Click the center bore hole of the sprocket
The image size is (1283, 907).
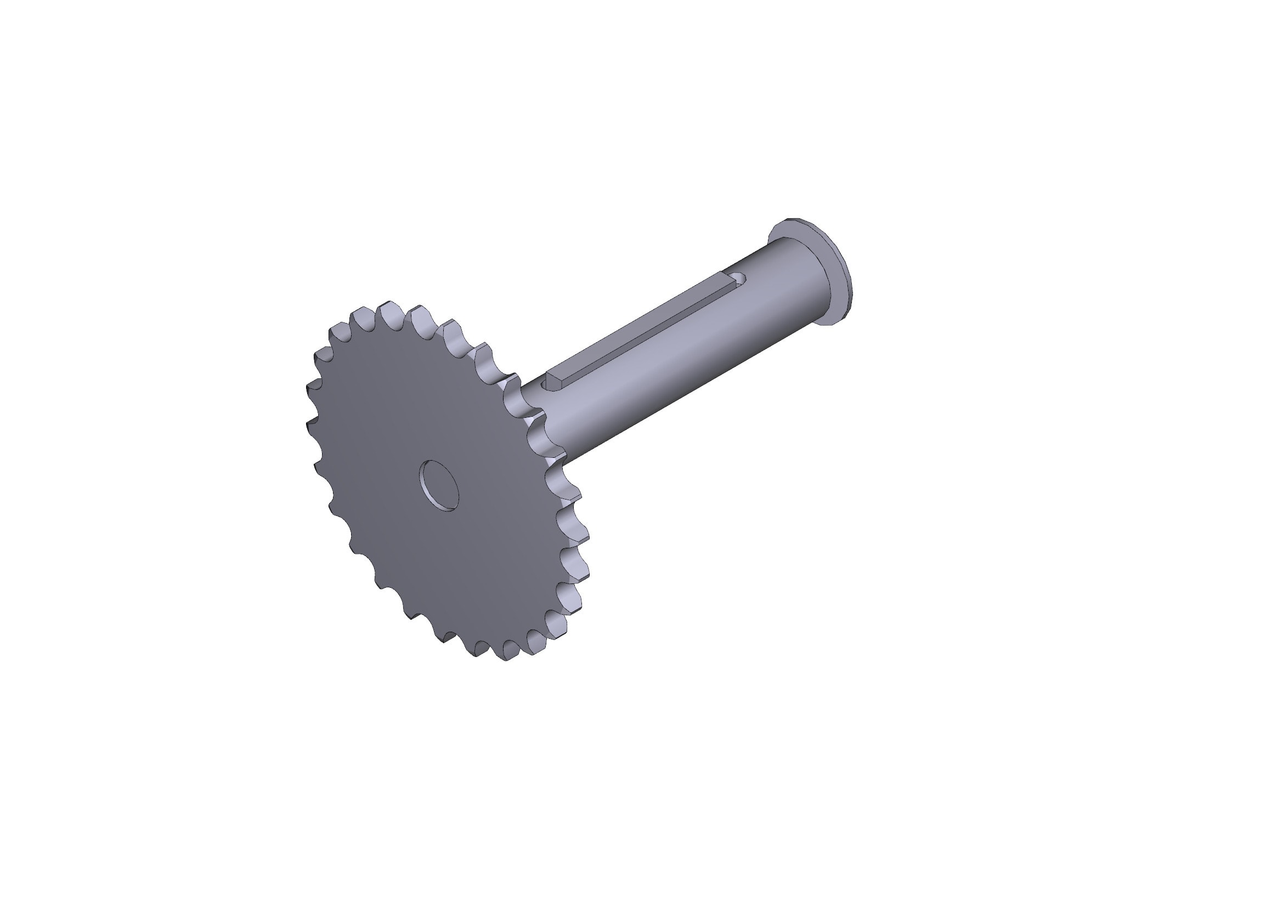[440, 485]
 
